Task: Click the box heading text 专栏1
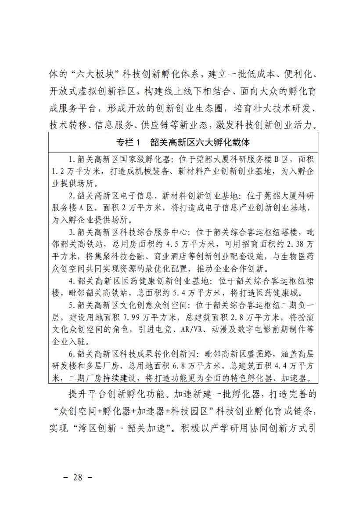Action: click(x=127, y=142)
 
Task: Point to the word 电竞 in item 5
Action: click(x=171, y=329)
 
